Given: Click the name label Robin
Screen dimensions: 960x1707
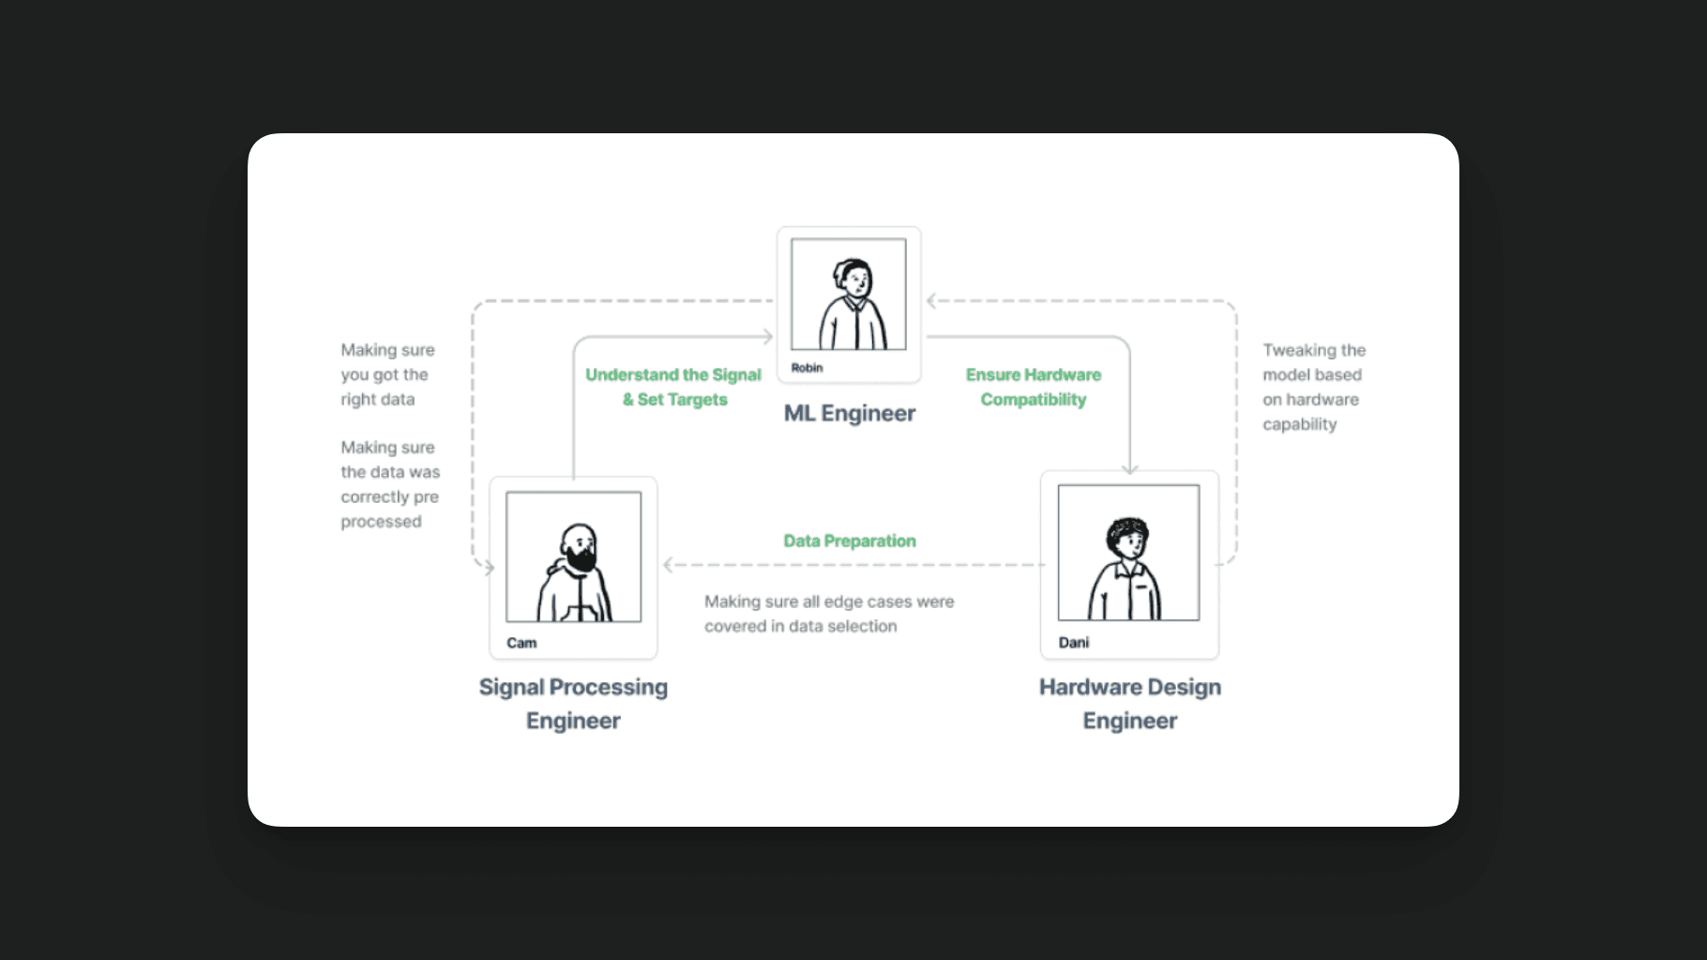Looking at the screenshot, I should [807, 368].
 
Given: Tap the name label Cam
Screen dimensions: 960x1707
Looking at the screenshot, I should [521, 643].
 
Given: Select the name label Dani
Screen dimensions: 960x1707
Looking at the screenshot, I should [1074, 643].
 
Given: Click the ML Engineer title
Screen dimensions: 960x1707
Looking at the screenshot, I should [850, 414].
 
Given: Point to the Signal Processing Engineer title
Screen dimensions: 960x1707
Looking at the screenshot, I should [573, 704].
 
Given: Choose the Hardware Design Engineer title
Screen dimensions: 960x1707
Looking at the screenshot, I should [1130, 704].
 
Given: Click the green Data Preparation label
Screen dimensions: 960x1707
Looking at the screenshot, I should [850, 541].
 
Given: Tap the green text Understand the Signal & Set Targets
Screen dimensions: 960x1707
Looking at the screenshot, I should [673, 387].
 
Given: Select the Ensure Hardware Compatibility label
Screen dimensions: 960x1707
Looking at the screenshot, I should [1034, 387].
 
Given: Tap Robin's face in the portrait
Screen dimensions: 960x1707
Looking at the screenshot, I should [855, 280].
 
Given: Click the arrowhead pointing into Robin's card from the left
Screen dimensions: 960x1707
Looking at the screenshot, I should [768, 336].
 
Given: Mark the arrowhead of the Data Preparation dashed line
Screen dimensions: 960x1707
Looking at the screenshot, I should [669, 565].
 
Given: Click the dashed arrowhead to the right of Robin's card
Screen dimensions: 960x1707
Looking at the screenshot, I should [931, 301].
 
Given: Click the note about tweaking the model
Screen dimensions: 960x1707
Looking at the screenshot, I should [1313, 387].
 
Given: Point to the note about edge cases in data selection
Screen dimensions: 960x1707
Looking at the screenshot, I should [829, 614].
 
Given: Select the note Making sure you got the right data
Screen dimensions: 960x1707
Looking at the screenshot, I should [387, 374].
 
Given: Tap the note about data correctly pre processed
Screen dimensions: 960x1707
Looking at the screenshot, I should [390, 484].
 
